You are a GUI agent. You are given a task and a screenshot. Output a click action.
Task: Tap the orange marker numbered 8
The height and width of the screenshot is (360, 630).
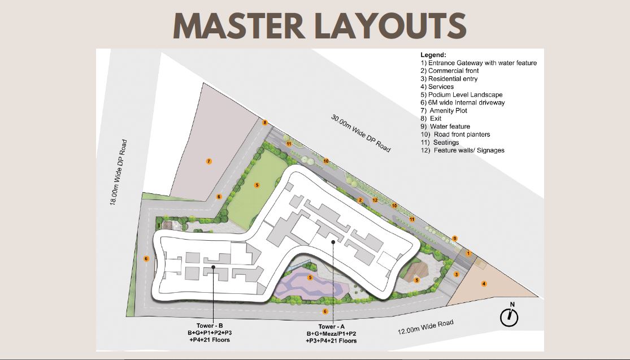265,123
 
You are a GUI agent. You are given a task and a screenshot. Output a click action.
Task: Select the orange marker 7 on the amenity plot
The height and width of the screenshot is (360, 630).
208,161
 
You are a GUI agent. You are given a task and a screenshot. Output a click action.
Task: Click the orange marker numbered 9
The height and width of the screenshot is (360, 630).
454,238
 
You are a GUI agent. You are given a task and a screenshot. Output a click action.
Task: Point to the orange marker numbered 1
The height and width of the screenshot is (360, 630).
468,253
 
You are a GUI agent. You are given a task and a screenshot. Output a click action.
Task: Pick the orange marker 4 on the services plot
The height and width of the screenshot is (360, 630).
484,284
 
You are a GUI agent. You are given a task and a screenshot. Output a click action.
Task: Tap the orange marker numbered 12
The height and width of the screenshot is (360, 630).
375,200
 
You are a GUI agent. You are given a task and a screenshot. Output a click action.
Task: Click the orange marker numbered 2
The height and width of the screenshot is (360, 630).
360,199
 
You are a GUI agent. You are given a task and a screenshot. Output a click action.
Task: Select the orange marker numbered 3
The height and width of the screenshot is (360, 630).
457,274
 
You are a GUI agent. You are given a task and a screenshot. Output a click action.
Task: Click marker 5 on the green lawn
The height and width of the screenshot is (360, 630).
257,185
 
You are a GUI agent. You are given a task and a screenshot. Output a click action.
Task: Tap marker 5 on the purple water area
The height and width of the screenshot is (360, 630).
310,277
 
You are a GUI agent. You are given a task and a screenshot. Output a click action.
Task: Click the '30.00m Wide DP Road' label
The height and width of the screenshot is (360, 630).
360,133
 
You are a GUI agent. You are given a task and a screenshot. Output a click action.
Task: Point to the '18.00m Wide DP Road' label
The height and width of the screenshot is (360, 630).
119,173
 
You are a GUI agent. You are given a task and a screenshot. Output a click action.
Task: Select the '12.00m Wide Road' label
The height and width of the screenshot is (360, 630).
425,327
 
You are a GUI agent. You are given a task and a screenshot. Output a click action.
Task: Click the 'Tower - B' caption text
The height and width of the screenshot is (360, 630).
209,326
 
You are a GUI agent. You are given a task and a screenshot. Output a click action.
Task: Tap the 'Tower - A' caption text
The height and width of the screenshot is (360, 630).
332,327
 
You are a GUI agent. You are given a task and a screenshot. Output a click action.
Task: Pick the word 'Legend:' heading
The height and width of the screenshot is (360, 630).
433,55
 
